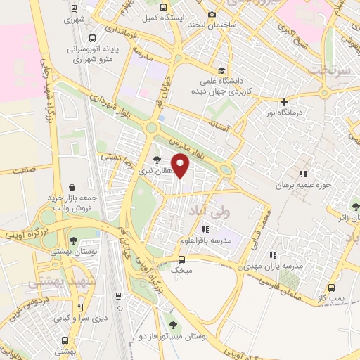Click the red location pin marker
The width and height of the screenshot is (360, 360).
point(181,165)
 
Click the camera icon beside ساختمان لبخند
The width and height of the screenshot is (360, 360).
point(213,14)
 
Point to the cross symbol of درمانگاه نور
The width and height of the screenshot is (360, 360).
point(284,102)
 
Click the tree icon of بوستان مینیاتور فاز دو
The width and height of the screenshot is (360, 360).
point(174,325)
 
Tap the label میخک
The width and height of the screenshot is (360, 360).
point(182,269)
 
